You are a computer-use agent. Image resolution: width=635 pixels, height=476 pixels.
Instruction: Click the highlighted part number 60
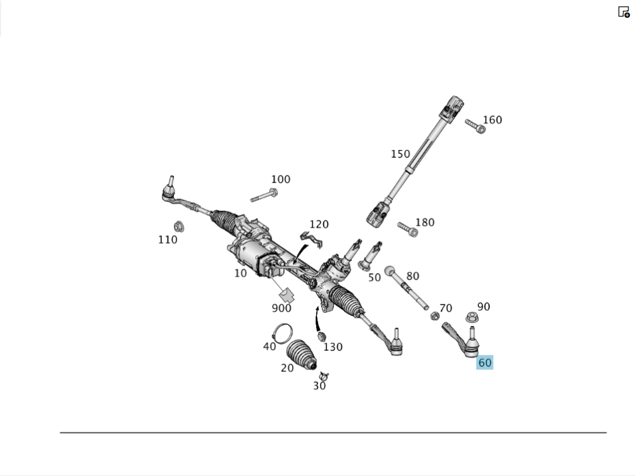click(485, 363)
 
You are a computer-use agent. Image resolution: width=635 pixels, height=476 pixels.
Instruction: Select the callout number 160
click(492, 119)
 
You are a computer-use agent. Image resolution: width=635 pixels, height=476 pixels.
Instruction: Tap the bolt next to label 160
click(475, 126)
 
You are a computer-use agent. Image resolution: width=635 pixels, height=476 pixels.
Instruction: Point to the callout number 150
click(400, 154)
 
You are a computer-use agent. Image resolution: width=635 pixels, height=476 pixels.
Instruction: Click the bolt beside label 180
click(407, 229)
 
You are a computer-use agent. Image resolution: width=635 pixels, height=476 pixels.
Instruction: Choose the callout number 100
click(280, 179)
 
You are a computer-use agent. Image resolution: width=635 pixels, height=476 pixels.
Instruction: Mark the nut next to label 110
click(178, 226)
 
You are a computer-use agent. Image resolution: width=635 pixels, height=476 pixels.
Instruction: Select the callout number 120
click(319, 224)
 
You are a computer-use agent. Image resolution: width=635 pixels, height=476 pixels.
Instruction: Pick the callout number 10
click(240, 273)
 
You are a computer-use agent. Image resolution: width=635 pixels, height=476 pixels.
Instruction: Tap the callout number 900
click(281, 308)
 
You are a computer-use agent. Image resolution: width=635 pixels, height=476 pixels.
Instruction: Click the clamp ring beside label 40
click(283, 332)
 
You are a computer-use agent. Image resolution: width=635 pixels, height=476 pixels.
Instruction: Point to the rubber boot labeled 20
click(301, 356)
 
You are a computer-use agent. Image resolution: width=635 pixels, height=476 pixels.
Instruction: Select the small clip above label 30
click(323, 375)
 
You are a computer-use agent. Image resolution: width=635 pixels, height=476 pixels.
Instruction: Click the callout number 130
click(333, 347)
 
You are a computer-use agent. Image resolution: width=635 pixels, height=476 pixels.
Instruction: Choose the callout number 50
click(374, 277)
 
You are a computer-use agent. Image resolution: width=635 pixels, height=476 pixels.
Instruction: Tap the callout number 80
click(413, 276)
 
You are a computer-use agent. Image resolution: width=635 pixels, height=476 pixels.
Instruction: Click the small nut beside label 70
click(435, 316)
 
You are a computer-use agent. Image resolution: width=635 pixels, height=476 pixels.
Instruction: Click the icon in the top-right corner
click(624, 11)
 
